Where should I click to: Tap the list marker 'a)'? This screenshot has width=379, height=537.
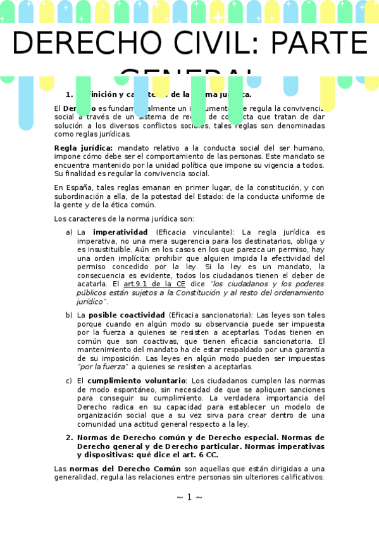pyautogui.click(x=69, y=232)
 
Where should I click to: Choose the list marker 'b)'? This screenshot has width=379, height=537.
pyautogui.click(x=69, y=315)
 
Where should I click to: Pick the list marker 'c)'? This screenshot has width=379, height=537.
pyautogui.click(x=69, y=381)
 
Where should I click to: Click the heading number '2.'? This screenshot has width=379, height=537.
pyautogui.click(x=70, y=438)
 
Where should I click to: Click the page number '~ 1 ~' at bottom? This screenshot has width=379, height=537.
pyautogui.click(x=189, y=497)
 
